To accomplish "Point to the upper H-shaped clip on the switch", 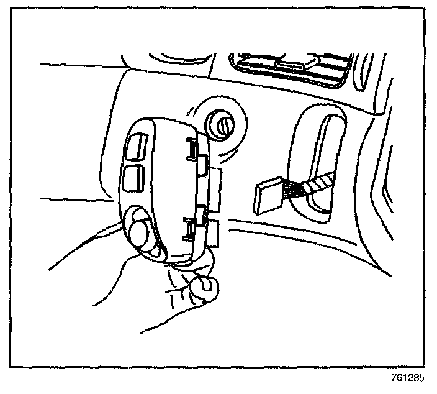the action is tap(193, 148).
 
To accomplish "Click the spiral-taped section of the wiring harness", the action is tap(319, 181).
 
